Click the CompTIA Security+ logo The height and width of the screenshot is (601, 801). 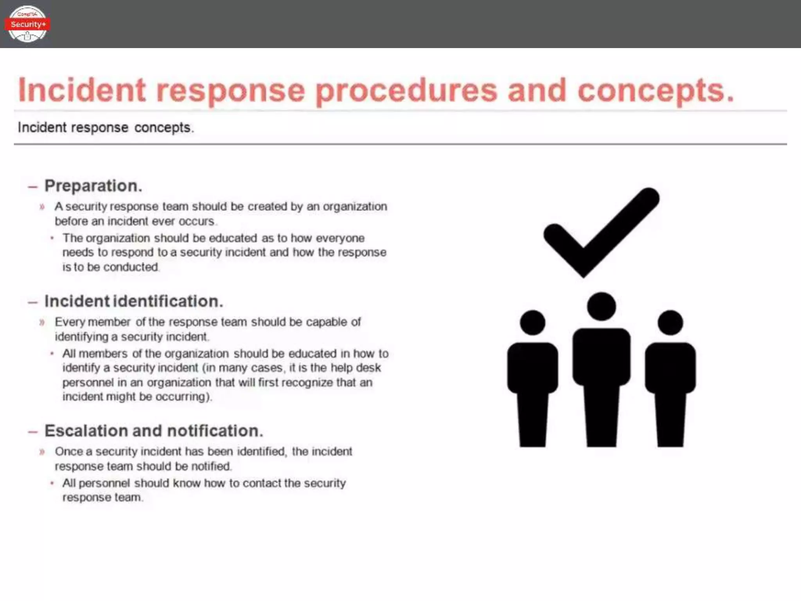[27, 24]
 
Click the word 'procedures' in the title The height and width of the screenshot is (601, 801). [406, 91]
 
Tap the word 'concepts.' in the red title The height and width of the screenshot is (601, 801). [656, 91]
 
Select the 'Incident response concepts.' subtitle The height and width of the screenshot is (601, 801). [106, 128]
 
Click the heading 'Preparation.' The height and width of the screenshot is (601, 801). [93, 186]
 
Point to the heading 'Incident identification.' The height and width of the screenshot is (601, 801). [134, 301]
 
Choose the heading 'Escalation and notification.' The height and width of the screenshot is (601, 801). [154, 431]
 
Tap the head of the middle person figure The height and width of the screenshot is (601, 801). [601, 306]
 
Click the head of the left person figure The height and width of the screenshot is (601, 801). [532, 323]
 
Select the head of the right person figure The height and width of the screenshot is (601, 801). [670, 323]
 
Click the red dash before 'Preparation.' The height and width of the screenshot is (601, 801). [33, 187]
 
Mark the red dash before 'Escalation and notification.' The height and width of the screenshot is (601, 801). [33, 432]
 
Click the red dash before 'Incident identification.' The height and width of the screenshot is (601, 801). [33, 302]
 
